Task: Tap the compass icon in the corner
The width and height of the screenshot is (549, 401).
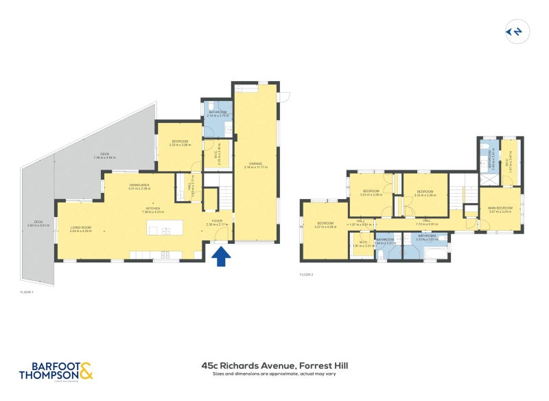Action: [x=514, y=32]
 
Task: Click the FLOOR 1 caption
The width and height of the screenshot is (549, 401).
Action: [x=27, y=292]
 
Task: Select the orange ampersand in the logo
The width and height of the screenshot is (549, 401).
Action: [x=85, y=371]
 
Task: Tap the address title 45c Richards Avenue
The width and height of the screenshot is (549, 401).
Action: [x=274, y=366]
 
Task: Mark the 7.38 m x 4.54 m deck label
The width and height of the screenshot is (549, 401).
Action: [x=105, y=156]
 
